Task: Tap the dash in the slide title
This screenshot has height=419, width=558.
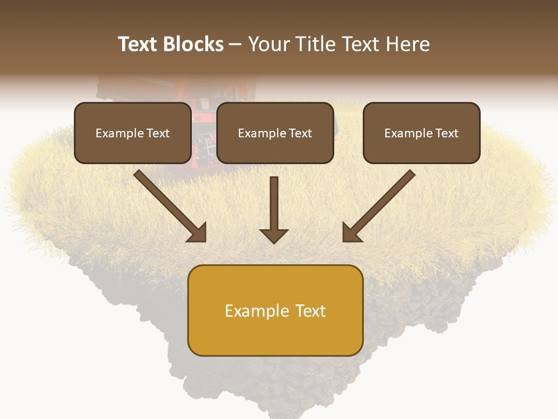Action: point(235,44)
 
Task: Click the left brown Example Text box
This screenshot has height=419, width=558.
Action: point(133,133)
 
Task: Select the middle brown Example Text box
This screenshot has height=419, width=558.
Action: point(275,133)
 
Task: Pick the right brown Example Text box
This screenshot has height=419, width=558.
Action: point(421,133)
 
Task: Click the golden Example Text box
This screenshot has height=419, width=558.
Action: point(275,310)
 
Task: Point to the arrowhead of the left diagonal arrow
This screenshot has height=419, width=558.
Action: point(198,233)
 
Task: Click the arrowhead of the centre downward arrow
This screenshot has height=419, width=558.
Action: point(274,236)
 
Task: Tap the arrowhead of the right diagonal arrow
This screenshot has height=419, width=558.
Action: point(351,233)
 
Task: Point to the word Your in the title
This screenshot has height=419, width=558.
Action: point(269,44)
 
